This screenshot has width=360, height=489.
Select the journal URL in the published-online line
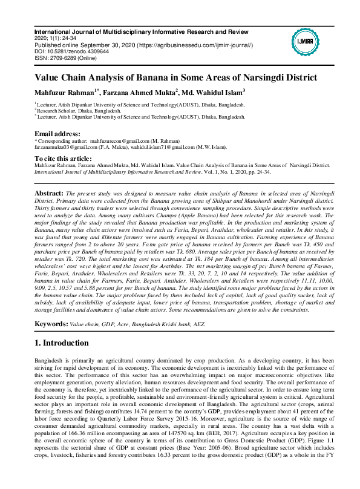click(186, 45)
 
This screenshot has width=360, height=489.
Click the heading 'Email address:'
click(57, 133)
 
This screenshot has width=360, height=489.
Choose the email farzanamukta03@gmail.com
click(66, 146)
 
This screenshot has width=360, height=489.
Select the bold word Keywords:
click(51, 324)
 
